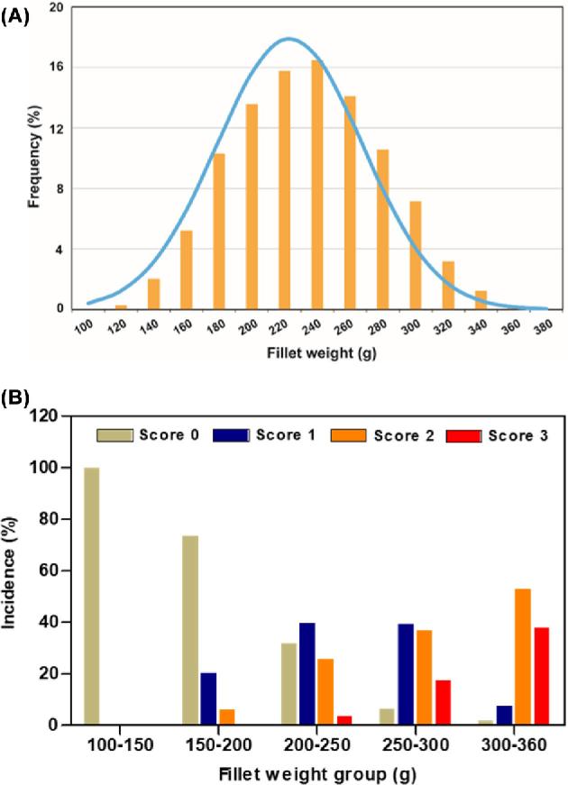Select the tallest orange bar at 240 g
pos(317,185)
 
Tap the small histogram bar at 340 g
pos(481,300)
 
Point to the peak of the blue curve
pos(289,39)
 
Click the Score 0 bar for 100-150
pos(91,596)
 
